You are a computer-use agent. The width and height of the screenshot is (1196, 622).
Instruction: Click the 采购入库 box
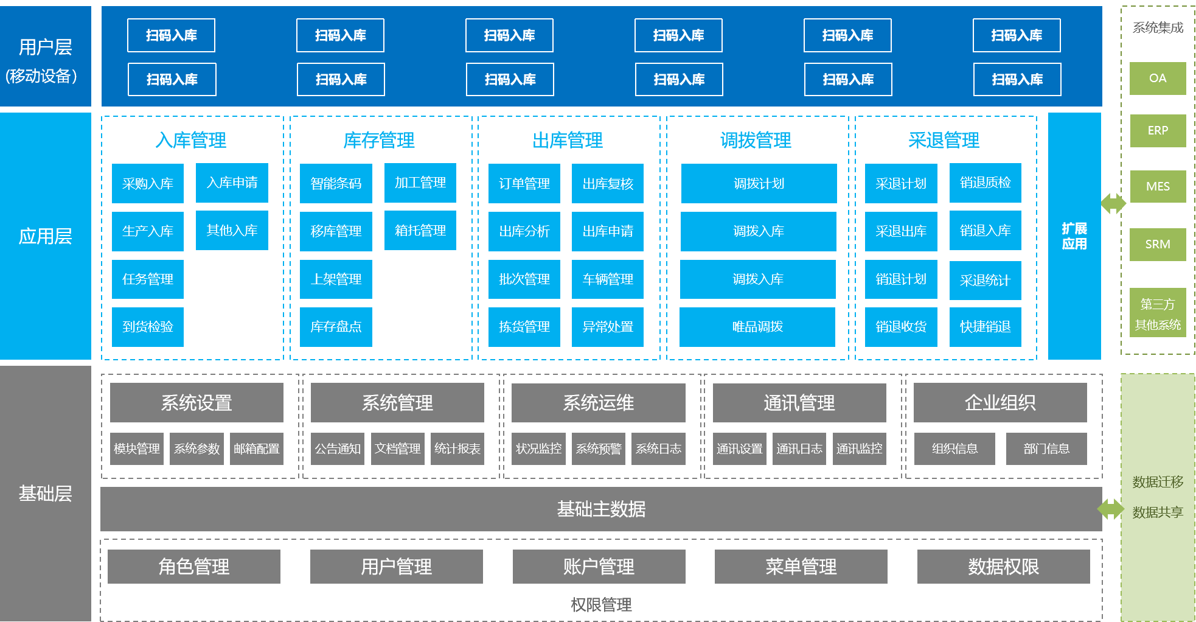click(x=147, y=183)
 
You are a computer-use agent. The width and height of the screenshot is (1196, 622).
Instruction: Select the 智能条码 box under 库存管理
click(x=336, y=183)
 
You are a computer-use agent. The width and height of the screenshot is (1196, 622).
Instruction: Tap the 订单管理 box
click(x=524, y=183)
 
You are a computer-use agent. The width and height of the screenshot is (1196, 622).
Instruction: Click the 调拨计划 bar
click(x=759, y=183)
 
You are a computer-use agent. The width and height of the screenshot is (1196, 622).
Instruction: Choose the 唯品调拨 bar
click(x=757, y=327)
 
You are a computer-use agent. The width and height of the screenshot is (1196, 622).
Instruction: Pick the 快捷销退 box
click(x=985, y=327)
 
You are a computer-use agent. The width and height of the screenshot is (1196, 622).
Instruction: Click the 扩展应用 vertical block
click(x=1074, y=236)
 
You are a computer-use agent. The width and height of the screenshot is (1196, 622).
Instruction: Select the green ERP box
click(x=1158, y=131)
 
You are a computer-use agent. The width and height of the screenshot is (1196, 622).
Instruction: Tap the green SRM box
click(x=1158, y=244)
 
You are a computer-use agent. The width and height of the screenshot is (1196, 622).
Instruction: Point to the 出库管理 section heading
click(x=568, y=141)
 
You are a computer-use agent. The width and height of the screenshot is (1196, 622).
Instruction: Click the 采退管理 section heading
click(x=944, y=141)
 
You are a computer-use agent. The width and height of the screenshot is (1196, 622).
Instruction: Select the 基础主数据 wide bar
click(x=601, y=509)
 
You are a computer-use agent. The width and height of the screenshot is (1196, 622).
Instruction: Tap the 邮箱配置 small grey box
click(x=257, y=449)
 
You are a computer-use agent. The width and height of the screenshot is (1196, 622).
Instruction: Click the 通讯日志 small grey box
click(x=799, y=449)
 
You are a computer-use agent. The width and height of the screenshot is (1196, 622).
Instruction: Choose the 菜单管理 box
click(x=801, y=567)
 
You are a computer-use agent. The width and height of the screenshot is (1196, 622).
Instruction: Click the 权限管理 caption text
click(x=601, y=604)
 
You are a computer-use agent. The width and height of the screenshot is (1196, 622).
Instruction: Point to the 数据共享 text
click(x=1157, y=512)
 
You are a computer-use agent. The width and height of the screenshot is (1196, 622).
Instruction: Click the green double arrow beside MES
click(x=1113, y=203)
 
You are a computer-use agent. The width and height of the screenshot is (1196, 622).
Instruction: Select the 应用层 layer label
click(x=45, y=236)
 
